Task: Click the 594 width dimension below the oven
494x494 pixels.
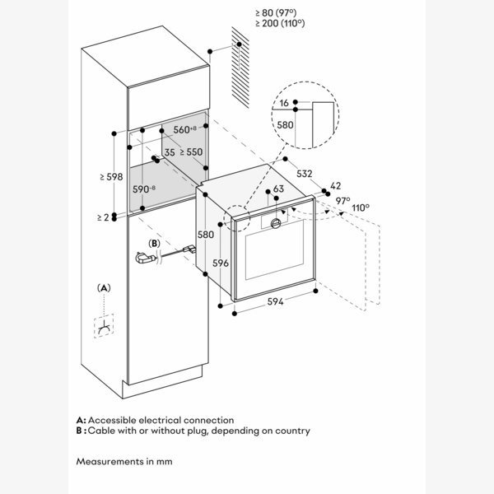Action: tap(275, 303)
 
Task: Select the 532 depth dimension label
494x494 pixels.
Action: tap(305, 175)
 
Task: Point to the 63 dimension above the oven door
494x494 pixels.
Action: tap(278, 189)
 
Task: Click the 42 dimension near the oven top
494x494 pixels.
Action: tap(335, 186)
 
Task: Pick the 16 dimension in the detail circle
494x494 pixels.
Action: tap(284, 104)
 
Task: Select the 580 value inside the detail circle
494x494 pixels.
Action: tap(285, 124)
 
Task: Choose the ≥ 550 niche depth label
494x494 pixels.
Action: tap(190, 152)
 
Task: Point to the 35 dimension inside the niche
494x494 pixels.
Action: tap(169, 152)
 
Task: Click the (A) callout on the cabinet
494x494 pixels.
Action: tap(104, 287)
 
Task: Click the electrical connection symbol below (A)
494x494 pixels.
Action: tap(105, 329)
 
